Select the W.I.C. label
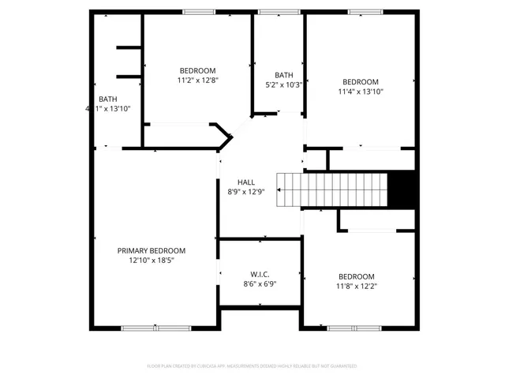pos(260,273)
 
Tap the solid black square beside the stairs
pos(403,189)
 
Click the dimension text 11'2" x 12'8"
pos(197,79)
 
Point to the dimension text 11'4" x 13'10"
pos(360,92)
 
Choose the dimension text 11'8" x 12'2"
pos(357,286)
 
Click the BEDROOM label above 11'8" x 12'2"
pos(357,276)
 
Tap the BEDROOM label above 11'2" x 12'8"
pos(197,69)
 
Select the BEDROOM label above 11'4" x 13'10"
pos(360,81)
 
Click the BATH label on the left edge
pos(108,99)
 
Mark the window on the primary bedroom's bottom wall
pos(155,328)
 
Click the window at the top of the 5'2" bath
pos(274,11)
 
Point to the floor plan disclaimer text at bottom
pos(252,366)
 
